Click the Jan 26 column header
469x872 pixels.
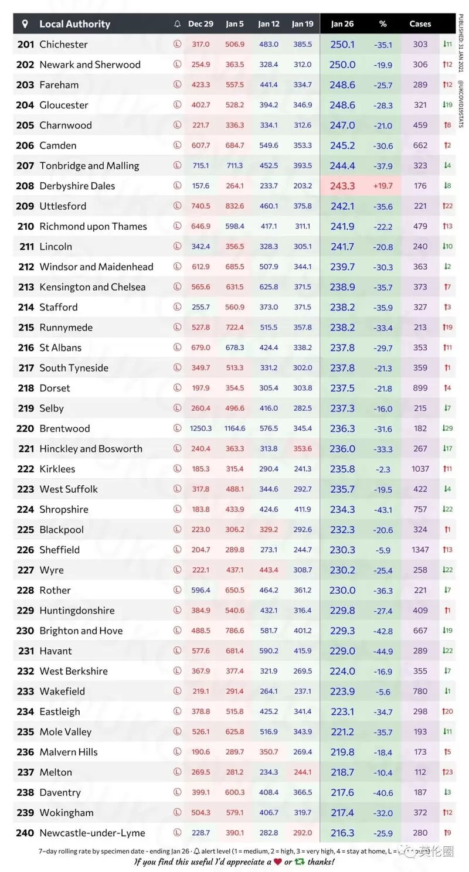(342, 24)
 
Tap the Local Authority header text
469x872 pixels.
(75, 24)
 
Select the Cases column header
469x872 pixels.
(420, 24)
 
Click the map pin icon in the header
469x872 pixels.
(25, 24)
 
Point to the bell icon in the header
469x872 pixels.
(177, 24)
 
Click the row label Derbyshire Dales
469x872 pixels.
(77, 186)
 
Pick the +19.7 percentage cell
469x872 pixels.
(382, 186)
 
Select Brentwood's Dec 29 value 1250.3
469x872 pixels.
(200, 428)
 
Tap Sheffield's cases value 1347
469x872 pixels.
(420, 550)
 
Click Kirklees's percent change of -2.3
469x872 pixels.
(382, 469)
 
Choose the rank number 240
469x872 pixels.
(25, 833)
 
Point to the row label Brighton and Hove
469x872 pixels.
(81, 631)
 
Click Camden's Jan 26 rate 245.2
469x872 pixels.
(342, 145)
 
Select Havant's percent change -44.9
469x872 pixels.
(382, 651)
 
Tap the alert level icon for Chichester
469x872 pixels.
(177, 44)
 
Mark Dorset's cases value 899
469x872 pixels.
(420, 388)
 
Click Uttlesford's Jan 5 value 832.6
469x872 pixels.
(235, 206)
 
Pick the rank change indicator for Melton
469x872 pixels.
(447, 772)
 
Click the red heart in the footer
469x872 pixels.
(278, 861)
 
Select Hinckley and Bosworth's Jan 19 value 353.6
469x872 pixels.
(303, 448)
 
